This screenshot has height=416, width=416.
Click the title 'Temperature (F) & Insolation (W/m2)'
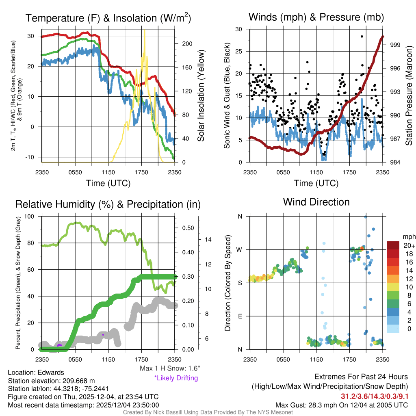(108, 18)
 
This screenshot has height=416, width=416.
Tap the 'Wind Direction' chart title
(316, 202)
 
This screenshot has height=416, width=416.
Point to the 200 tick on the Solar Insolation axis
(183, 44)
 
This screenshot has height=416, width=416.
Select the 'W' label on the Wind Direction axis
(240, 249)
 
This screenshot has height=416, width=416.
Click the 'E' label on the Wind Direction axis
(240, 316)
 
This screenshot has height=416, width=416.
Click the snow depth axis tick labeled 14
(207, 240)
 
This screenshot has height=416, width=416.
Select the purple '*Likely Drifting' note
(176, 378)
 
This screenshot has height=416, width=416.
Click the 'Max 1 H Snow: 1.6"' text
(169, 368)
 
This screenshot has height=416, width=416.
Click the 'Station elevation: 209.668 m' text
(51, 380)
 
